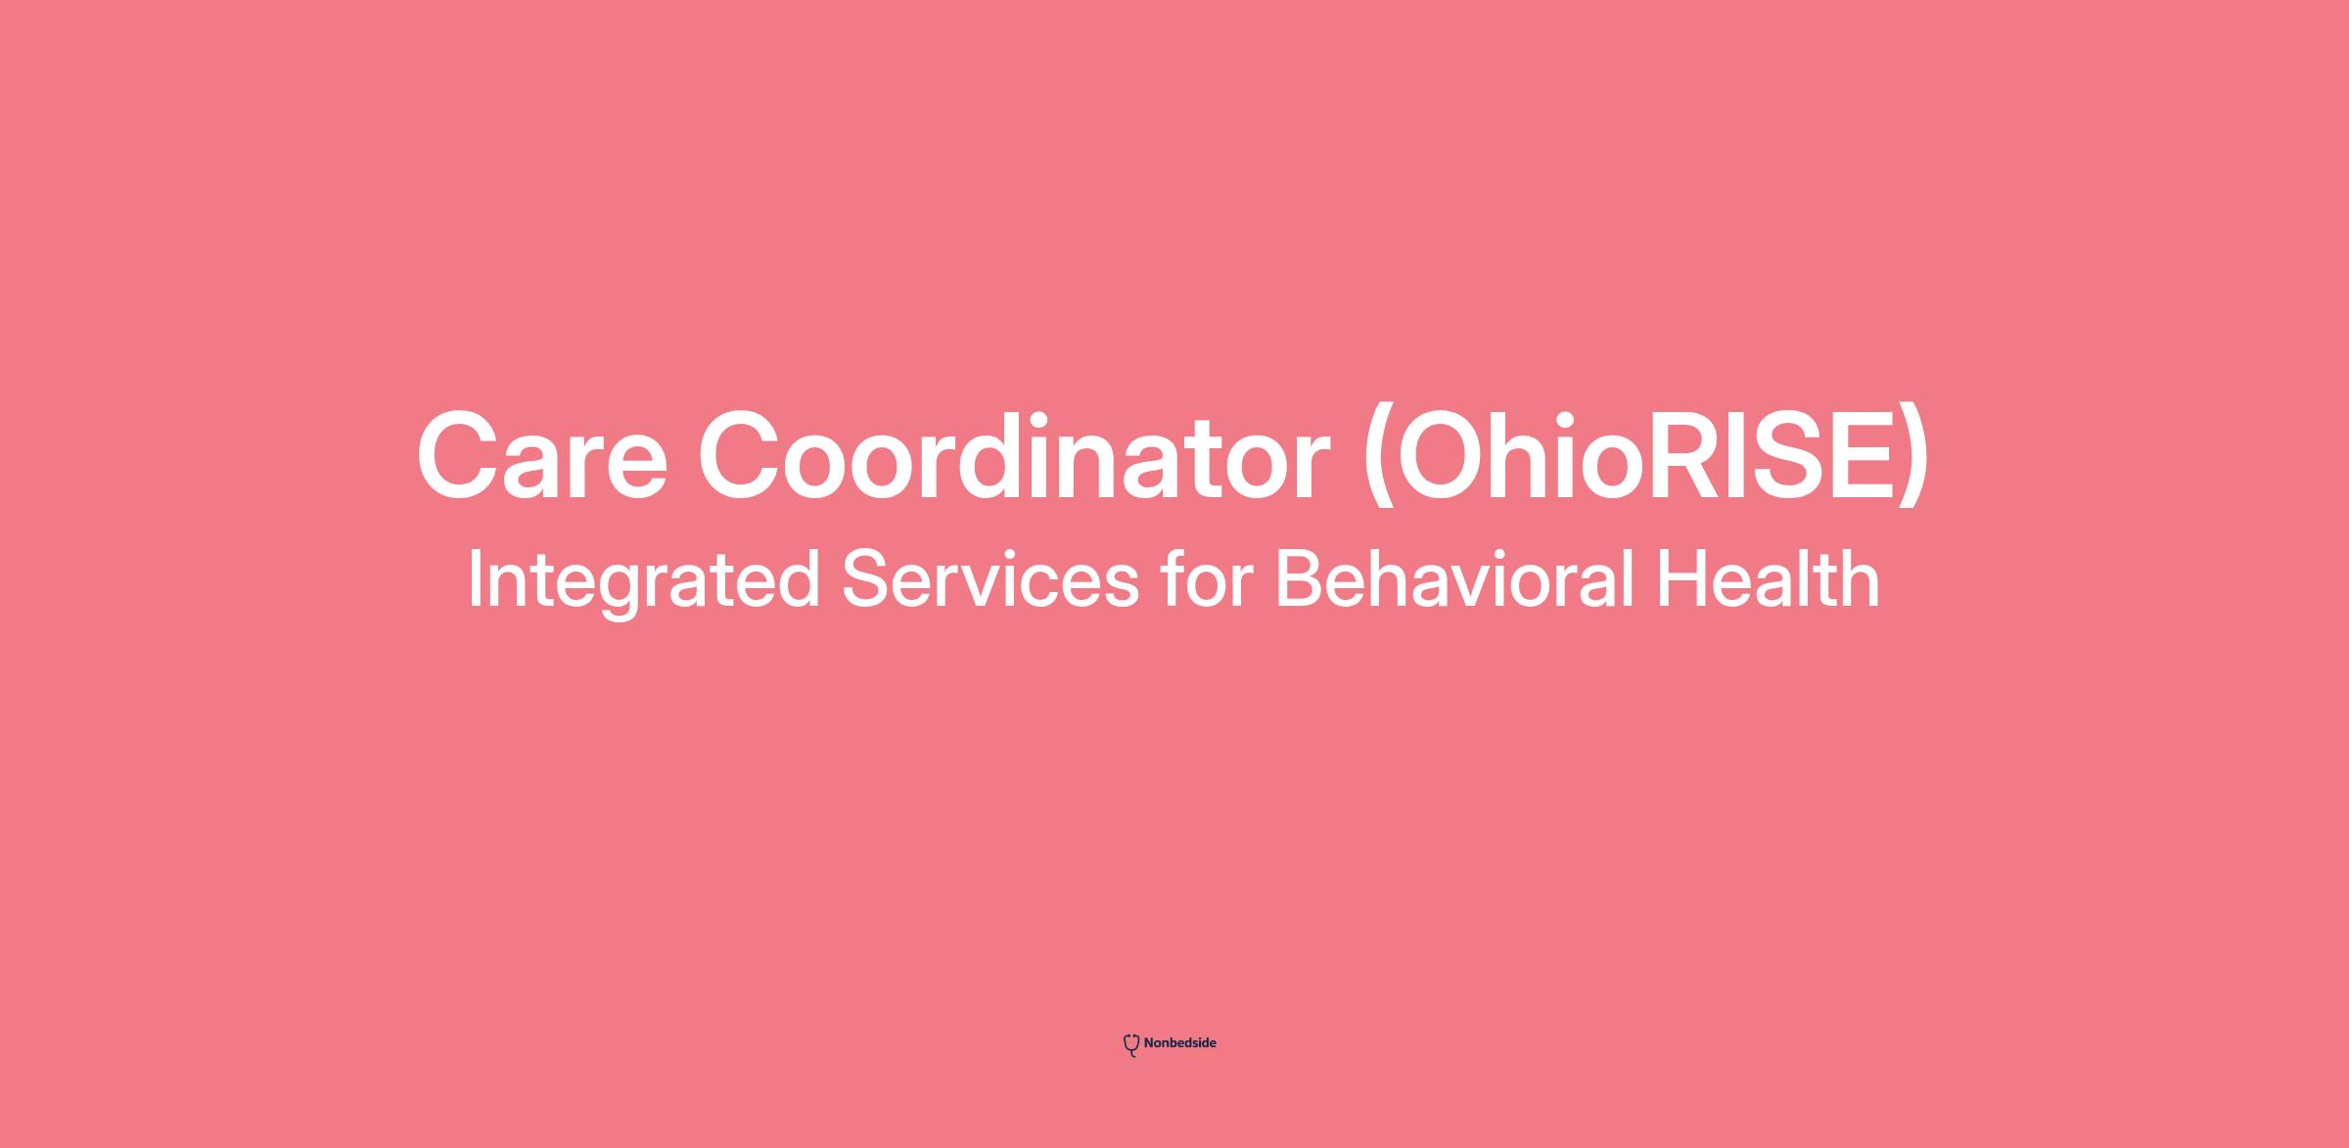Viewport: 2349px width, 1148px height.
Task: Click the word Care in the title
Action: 542,456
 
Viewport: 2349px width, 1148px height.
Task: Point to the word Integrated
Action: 643,581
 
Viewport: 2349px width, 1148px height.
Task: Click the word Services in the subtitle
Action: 990,579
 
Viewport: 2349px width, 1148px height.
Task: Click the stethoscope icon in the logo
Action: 1131,1045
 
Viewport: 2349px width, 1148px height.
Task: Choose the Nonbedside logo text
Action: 1179,1043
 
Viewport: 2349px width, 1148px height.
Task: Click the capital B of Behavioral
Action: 1303,579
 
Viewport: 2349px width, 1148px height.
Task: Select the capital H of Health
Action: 1681,579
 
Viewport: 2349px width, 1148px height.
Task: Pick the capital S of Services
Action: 867,579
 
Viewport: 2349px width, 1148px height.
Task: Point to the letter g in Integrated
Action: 619,593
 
